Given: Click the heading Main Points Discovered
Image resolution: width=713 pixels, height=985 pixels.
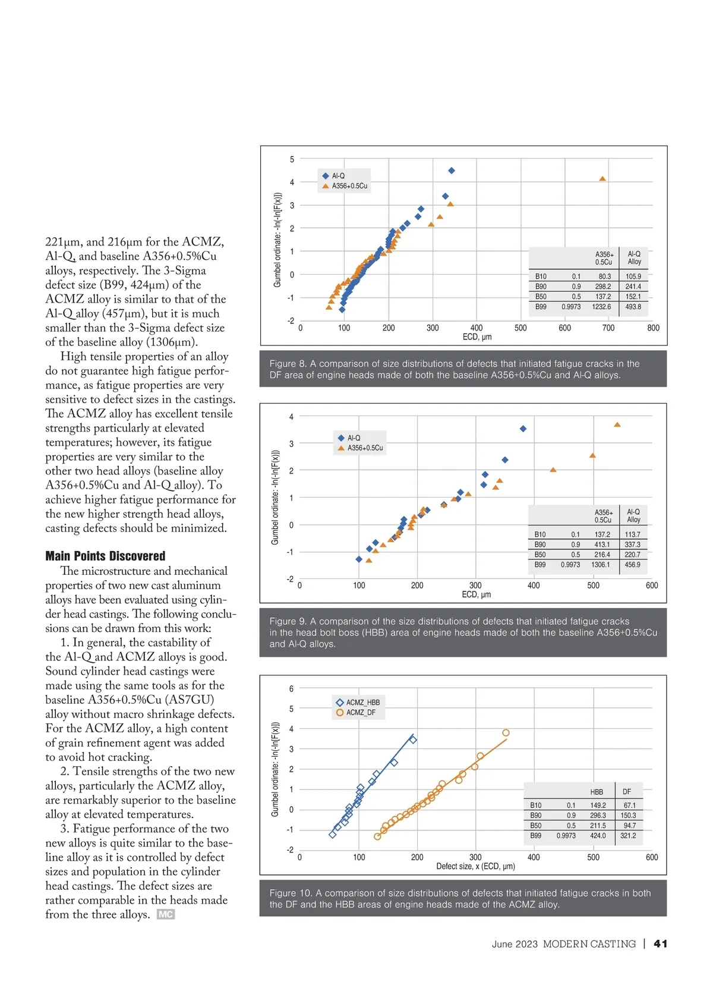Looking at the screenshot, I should pos(105,556).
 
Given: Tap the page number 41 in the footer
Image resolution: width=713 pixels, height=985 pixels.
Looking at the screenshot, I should pos(660,943).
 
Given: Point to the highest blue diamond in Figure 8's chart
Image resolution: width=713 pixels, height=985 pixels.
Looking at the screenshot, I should pos(452,171).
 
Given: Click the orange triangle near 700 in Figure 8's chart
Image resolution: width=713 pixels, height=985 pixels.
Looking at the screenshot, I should pos(602,178).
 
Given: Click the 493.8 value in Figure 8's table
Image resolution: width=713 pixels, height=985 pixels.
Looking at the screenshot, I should pos(633,307).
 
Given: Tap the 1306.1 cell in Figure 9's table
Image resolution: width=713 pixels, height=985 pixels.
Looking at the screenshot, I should pos(600,565).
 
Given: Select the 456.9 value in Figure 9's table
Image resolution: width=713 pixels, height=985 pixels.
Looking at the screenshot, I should pos(633,565).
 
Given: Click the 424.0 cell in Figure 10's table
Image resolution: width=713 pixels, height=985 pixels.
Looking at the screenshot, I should pos(598,836).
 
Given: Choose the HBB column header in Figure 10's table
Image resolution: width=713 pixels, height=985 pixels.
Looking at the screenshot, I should pos(597,792).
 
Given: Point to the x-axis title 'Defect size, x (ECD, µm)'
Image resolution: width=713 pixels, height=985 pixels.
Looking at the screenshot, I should pos(475,866).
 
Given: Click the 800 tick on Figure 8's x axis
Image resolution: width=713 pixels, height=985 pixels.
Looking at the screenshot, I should pos(653,328).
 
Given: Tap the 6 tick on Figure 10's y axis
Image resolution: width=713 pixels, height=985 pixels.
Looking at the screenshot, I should pos(291,689).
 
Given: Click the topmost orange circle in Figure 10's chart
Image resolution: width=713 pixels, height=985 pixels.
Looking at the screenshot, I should pos(506,733).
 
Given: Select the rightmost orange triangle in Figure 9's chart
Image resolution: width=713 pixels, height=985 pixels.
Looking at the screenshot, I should pos(617,424).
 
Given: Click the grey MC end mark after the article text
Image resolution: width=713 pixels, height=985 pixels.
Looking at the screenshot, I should pos(166,914).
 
